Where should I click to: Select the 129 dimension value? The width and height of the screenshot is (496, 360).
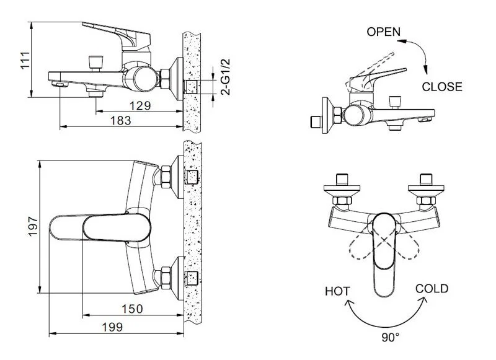140,106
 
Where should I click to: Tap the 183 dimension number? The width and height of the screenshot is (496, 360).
120,121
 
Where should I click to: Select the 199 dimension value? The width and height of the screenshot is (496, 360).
112,327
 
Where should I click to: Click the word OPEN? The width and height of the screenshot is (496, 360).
384,32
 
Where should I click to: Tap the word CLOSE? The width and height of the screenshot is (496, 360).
442,87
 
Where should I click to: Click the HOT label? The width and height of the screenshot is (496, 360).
338,291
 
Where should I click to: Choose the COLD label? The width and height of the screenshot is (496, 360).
432,289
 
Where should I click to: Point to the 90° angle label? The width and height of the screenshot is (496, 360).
390,337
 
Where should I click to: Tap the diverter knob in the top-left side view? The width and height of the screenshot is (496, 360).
95,61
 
